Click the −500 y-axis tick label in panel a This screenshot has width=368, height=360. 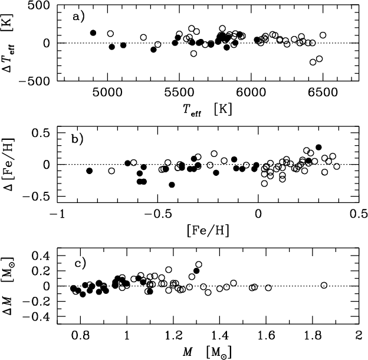click(34, 81)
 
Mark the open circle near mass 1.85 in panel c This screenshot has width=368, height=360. click(324, 286)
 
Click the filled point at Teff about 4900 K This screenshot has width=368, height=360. click(93, 33)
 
